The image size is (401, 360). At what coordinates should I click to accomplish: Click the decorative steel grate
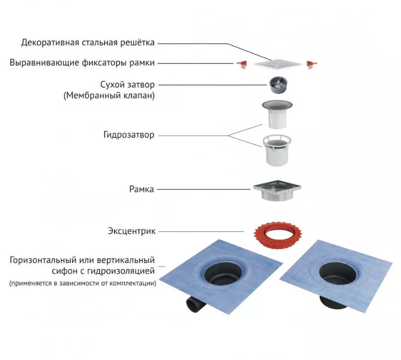tap(278, 64)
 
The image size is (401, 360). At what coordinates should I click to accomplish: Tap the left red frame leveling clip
tap(241, 65)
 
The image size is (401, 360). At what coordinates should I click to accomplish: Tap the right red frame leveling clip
tap(312, 65)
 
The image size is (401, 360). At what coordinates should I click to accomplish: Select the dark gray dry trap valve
tap(278, 85)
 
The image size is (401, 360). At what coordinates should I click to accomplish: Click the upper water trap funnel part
tap(277, 114)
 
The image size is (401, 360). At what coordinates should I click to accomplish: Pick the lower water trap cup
tap(277, 150)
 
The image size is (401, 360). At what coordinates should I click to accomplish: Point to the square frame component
tap(277, 190)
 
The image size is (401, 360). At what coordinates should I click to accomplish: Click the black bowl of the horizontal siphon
tap(222, 273)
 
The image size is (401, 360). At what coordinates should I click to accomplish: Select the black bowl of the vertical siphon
tap(337, 273)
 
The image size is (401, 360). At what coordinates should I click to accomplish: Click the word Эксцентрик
tap(131, 231)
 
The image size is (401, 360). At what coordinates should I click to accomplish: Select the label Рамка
tap(141, 189)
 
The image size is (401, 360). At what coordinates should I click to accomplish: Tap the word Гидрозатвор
tap(129, 135)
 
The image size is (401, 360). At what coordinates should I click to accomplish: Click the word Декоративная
tap(50, 43)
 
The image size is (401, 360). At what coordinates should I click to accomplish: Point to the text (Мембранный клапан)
tap(109, 95)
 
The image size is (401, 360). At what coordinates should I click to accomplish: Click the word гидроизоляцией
tap(121, 271)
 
